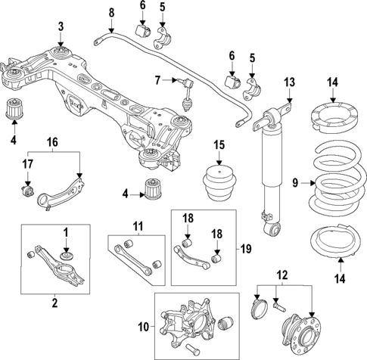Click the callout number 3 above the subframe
[61, 27]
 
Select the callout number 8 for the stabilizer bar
[110, 12]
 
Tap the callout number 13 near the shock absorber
[288, 82]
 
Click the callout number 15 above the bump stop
[218, 144]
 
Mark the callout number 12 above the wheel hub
[282, 274]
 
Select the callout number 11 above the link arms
[138, 226]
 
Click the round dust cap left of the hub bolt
[257, 309]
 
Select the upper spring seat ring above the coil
[331, 120]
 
